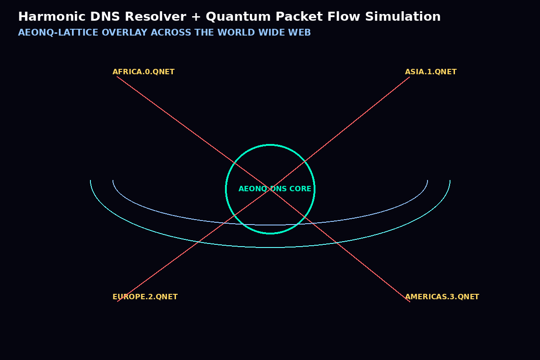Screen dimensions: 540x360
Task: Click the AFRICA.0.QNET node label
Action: tap(144, 72)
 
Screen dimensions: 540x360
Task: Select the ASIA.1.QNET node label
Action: tap(431, 72)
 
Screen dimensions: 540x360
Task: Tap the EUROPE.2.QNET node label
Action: tap(145, 297)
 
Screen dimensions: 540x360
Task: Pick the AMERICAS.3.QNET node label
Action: tap(442, 297)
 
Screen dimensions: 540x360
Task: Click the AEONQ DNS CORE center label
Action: tap(275, 189)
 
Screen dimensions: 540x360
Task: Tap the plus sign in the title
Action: tap(196, 17)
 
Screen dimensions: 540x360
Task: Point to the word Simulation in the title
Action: tap(403, 17)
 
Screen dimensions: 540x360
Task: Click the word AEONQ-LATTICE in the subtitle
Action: tap(58, 32)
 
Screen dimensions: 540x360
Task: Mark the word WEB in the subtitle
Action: tap(300, 32)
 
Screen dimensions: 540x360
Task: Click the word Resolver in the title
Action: tap(156, 17)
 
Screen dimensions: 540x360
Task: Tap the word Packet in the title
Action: tap(299, 17)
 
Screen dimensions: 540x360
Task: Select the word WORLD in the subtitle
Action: tap(236, 32)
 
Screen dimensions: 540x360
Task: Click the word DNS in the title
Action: tap(105, 17)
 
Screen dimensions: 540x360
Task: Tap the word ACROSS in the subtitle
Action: tap(171, 32)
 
